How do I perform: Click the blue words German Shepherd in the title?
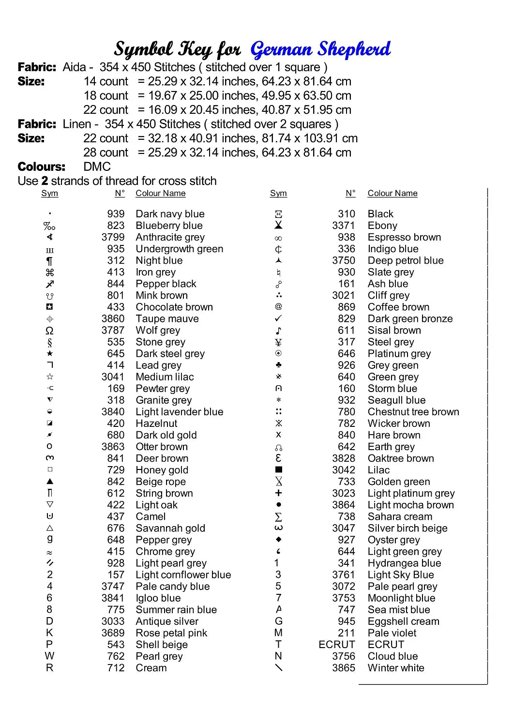pyautogui.click(x=320, y=49)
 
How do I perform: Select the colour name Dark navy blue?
pyautogui.click(x=170, y=214)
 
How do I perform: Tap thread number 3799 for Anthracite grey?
pyautogui.click(x=113, y=237)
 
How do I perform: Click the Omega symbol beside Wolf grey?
pyautogui.click(x=49, y=331)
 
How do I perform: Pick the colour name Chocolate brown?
pyautogui.click(x=174, y=307)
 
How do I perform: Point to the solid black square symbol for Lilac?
pyautogui.click(x=278, y=469)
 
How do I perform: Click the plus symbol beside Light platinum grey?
pyautogui.click(x=278, y=493)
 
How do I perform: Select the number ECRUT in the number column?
pyautogui.click(x=337, y=644)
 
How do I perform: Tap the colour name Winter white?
pyautogui.click(x=396, y=668)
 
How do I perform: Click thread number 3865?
pyautogui.click(x=344, y=668)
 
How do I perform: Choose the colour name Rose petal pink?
pyautogui.click(x=171, y=633)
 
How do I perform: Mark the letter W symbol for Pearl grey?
pyautogui.click(x=49, y=656)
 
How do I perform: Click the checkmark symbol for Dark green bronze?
pyautogui.click(x=278, y=318)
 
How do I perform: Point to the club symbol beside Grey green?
pyautogui.click(x=278, y=365)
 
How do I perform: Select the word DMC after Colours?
pyautogui.click(x=97, y=166)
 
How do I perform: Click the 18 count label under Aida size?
pyautogui.click(x=106, y=95)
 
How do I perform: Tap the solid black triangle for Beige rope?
pyautogui.click(x=49, y=481)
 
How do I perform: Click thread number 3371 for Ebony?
pyautogui.click(x=344, y=226)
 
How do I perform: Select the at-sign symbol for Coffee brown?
pyautogui.click(x=278, y=306)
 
